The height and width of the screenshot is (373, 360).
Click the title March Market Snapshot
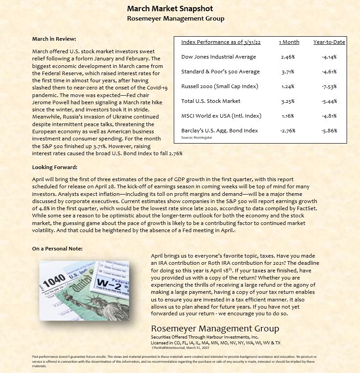(x=170, y=8)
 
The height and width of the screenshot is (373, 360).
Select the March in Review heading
(x=54, y=39)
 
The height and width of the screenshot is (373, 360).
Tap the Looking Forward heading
(x=54, y=167)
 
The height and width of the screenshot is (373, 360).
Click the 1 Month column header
(x=289, y=42)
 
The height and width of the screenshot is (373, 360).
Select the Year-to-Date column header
(x=329, y=42)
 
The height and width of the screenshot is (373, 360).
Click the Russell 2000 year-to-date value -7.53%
(x=329, y=86)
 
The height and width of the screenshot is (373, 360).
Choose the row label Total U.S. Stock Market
(x=211, y=101)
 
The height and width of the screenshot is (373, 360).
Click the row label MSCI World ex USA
(x=221, y=116)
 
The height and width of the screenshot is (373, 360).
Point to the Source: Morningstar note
(x=197, y=137)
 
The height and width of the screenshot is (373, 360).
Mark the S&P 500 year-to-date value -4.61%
(x=329, y=72)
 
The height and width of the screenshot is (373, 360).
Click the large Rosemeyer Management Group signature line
(x=215, y=329)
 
